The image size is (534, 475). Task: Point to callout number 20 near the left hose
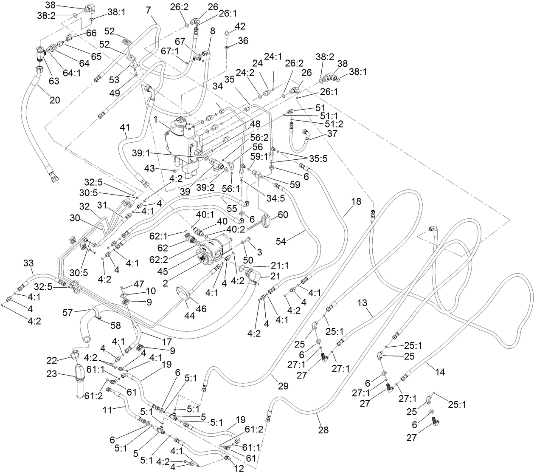point(55,100)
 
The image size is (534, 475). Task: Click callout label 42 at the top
point(240,26)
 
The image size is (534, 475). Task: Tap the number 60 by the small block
point(283,215)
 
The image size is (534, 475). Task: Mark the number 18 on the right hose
point(357,201)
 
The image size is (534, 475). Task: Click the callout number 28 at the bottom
point(323,430)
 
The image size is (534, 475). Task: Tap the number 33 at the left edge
point(28,263)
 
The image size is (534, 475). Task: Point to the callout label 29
point(283,386)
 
